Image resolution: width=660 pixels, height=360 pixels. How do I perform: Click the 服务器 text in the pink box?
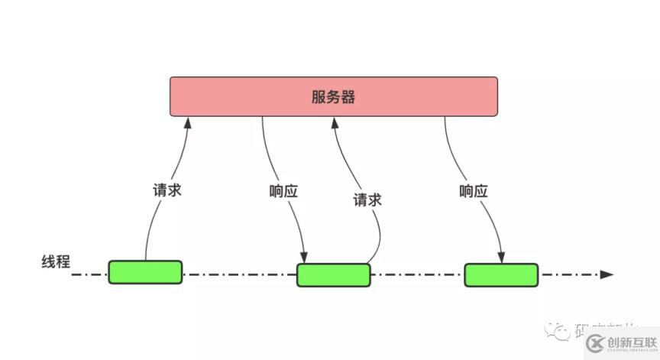pyautogui.click(x=334, y=97)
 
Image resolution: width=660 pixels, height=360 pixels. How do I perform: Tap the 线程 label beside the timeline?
pyautogui.click(x=56, y=262)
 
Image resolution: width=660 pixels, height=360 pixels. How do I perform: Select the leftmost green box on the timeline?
pyautogui.click(x=145, y=272)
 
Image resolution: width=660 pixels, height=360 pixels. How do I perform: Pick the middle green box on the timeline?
pyautogui.click(x=333, y=274)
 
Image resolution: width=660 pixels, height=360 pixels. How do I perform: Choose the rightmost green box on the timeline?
pyautogui.click(x=501, y=274)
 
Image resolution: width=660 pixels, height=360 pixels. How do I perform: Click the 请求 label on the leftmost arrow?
pyautogui.click(x=167, y=190)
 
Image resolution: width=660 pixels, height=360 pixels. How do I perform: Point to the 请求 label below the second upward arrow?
pyautogui.click(x=367, y=200)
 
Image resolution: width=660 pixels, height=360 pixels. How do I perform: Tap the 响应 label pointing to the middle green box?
pyautogui.click(x=283, y=190)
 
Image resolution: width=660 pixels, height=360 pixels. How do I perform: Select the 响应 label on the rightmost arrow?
pyautogui.click(x=474, y=190)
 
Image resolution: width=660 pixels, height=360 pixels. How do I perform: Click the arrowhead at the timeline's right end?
pyautogui.click(x=607, y=274)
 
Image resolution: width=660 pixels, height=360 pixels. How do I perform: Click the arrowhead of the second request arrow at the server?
pyautogui.click(x=334, y=121)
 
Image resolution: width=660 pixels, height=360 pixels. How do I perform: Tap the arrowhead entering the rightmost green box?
pyautogui.click(x=501, y=258)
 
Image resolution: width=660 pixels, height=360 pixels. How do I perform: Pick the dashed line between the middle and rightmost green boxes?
pyautogui.click(x=417, y=274)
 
